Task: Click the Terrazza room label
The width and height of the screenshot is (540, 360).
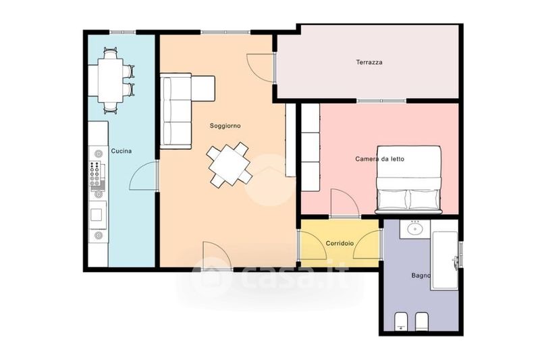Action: tap(369, 62)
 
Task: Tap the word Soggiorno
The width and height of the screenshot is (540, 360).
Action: tap(225, 126)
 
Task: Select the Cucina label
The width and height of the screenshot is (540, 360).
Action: tap(122, 151)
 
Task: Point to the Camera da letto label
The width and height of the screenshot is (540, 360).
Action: tap(379, 159)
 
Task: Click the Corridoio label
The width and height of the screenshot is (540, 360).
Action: tap(340, 243)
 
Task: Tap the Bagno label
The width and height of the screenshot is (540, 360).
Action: tap(421, 276)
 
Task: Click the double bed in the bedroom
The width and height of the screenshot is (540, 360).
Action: tap(408, 179)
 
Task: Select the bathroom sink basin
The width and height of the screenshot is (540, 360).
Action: tap(415, 228)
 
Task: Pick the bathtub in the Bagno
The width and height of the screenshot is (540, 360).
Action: tap(445, 261)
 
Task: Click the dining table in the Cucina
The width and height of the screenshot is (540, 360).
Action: tap(111, 80)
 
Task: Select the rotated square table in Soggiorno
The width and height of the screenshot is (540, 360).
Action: tap(229, 165)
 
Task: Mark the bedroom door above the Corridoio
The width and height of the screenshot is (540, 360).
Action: tap(344, 203)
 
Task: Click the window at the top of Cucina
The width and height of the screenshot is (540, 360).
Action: tap(123, 32)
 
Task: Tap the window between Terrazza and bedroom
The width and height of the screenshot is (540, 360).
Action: tap(381, 101)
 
